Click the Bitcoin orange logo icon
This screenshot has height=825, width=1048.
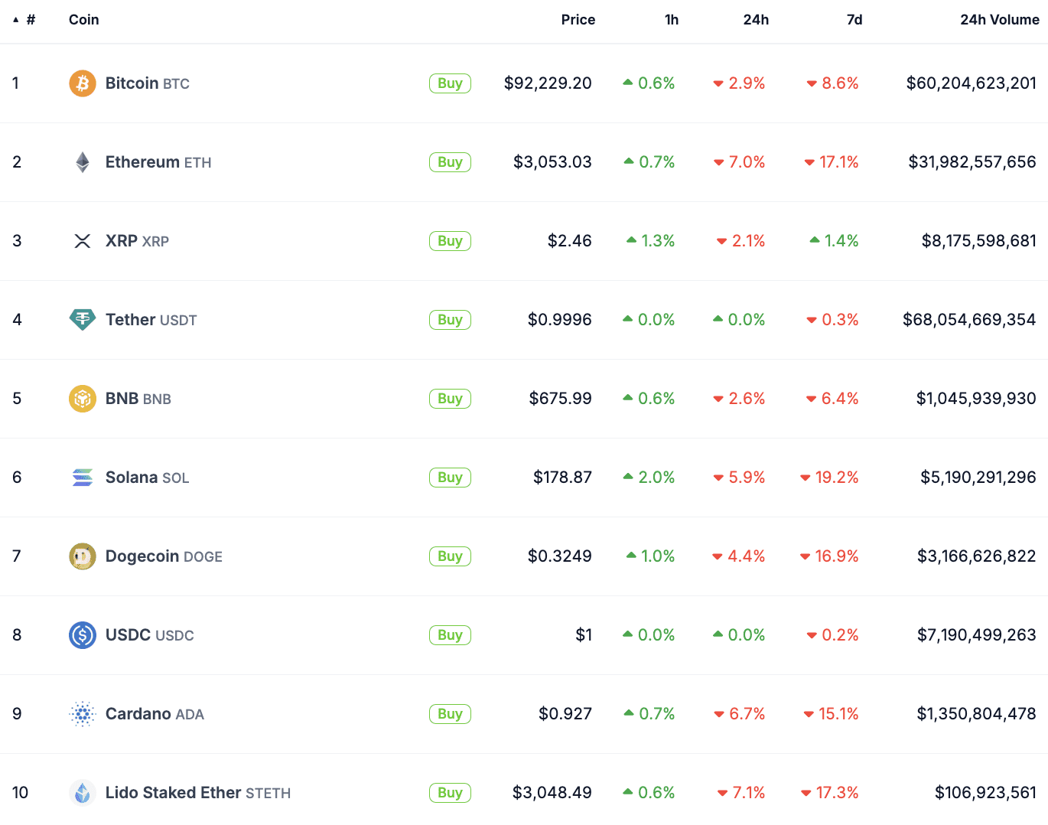click(x=83, y=83)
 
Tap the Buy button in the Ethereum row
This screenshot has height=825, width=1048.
click(x=450, y=162)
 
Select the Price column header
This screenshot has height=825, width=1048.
click(x=578, y=20)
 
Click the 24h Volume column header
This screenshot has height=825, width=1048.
click(x=999, y=20)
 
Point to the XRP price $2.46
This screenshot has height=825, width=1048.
click(x=569, y=241)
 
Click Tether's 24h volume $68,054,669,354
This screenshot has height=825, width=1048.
click(x=969, y=320)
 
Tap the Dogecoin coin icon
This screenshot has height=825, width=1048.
click(x=83, y=556)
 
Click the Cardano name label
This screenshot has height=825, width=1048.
click(x=138, y=714)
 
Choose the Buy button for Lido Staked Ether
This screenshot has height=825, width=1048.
click(x=450, y=793)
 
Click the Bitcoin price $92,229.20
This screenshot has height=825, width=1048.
click(x=548, y=83)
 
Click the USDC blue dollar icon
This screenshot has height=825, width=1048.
click(x=83, y=635)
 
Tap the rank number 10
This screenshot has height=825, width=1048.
click(x=20, y=793)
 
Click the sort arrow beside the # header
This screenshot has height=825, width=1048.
click(x=15, y=20)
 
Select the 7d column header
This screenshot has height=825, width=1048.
click(x=854, y=20)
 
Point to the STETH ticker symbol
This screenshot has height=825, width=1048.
click(x=268, y=794)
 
